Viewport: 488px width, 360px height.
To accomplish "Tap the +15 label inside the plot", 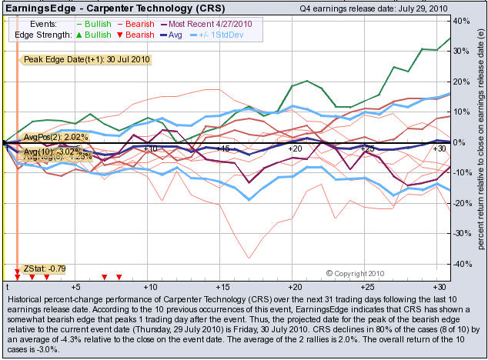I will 222,148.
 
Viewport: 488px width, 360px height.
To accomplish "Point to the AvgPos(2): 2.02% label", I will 56,137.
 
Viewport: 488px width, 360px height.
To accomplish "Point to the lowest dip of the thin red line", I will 249,258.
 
